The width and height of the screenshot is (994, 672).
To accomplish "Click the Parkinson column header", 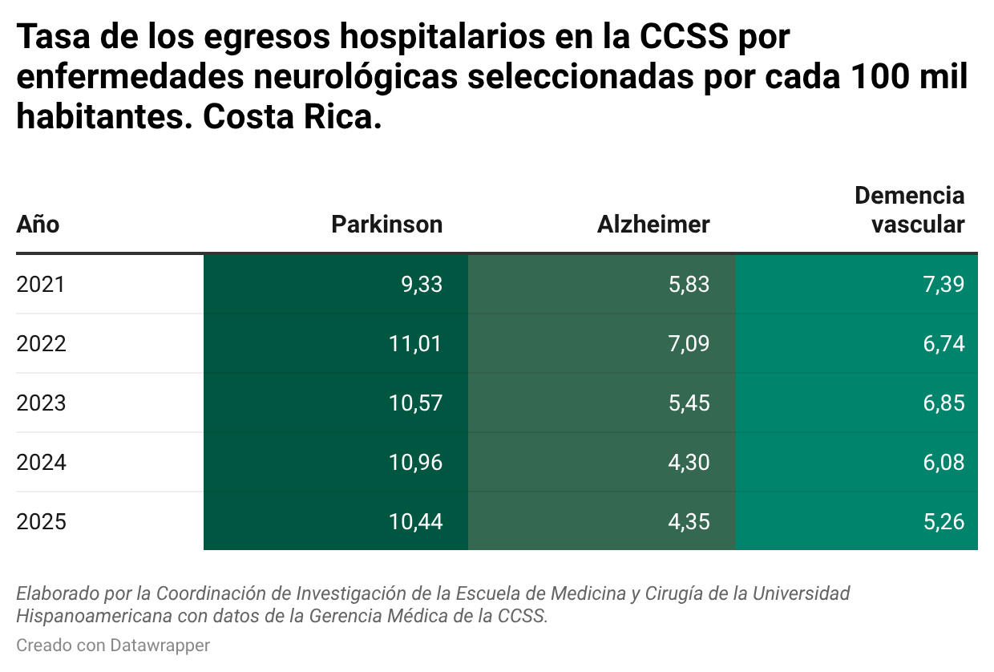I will (x=386, y=224).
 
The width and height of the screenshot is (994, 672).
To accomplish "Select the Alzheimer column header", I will (x=653, y=224).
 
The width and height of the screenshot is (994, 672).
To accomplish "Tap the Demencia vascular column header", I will (x=910, y=210).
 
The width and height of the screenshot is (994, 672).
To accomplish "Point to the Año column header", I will (x=38, y=224).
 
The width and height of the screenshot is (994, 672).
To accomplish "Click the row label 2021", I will (x=41, y=284).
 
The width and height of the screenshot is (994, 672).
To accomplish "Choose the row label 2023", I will (x=41, y=403).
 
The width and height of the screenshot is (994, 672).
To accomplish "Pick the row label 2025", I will (x=41, y=522).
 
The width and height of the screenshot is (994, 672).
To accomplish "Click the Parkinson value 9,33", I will (x=422, y=284).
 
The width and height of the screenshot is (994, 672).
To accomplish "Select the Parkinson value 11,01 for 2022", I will (x=415, y=343).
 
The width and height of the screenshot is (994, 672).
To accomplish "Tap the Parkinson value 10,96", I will (x=415, y=463).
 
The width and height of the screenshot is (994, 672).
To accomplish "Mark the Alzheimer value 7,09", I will (x=689, y=343).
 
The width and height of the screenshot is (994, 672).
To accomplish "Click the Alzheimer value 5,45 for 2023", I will (x=689, y=403).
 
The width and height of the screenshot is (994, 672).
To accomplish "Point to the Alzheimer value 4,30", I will (x=689, y=463).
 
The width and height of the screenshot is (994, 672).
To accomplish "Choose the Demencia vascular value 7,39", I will (x=943, y=284).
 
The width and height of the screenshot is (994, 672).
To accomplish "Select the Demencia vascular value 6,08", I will (x=943, y=463).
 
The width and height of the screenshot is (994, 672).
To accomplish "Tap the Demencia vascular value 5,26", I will (x=943, y=522).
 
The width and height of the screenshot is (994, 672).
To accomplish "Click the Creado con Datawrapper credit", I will (x=113, y=645).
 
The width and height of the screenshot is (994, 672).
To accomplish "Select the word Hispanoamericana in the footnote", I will (x=83, y=616).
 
